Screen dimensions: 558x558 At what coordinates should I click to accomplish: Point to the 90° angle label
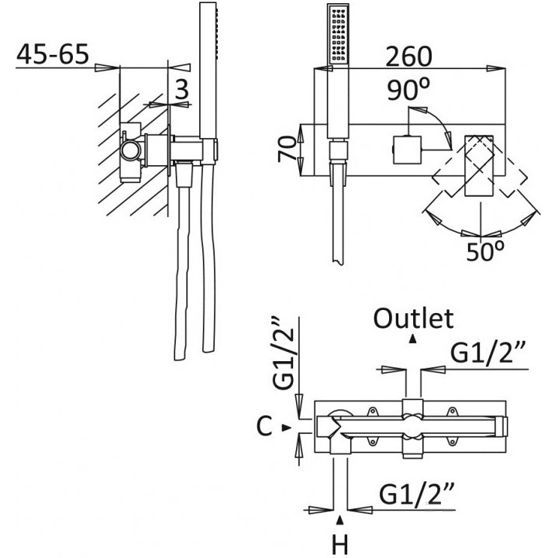point(408,91)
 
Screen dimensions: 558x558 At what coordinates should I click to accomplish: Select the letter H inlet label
point(339,546)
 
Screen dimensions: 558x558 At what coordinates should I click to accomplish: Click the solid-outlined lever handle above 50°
point(480,167)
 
